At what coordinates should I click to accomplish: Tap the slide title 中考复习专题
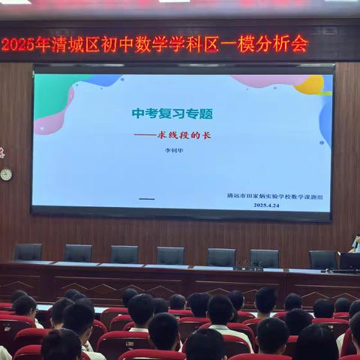[x=172, y=114]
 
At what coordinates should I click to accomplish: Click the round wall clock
[x=6, y=174]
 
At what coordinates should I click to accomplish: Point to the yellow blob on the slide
[x=310, y=85]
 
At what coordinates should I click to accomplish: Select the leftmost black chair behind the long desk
[x=28, y=252]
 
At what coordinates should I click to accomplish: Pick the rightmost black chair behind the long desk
[x=322, y=259]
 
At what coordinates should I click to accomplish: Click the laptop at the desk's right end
[x=349, y=262]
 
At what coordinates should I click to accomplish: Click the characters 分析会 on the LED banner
[x=289, y=44]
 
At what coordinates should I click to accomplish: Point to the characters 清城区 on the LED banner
[x=81, y=45]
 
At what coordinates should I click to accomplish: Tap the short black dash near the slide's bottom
[x=147, y=199]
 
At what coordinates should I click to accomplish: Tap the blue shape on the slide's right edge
[x=325, y=120]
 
